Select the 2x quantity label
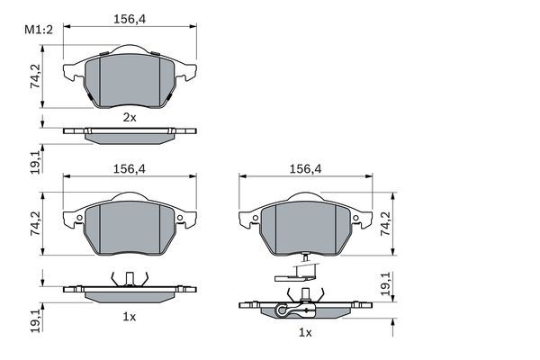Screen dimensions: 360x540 129,117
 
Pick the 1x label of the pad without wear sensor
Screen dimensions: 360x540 129,316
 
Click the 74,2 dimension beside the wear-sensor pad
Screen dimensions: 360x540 387,222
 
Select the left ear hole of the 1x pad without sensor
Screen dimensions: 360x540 79,220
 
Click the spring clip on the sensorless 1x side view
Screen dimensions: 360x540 129,278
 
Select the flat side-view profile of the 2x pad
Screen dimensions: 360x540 129,134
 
